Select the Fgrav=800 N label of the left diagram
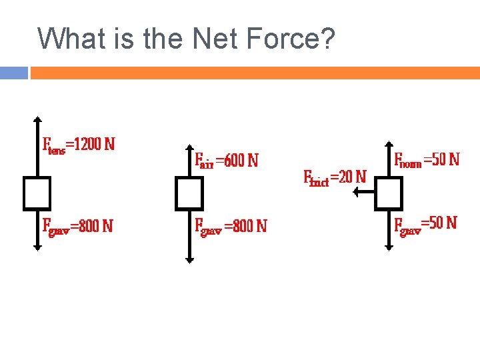coord(77,226)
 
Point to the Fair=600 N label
coord(226,161)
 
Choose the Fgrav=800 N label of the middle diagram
coord(230,226)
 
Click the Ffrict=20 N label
coord(335,177)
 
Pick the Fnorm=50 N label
coord(427,160)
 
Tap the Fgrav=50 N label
coord(425,223)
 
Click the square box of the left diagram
coord(37,193)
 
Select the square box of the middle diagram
coord(189,193)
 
